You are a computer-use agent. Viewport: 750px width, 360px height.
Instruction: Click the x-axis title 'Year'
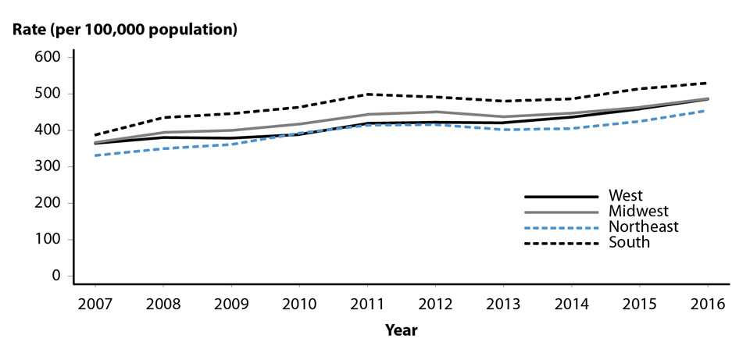click(401, 330)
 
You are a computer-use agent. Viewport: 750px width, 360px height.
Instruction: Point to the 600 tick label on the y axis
click(48, 57)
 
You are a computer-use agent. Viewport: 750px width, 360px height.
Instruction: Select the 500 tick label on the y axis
click(48, 94)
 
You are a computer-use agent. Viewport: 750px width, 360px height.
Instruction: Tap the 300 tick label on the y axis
click(48, 166)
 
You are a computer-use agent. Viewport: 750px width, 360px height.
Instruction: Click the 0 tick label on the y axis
click(55, 276)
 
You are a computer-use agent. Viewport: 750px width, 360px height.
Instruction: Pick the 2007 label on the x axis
click(93, 303)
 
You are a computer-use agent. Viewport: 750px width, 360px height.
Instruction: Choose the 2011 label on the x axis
click(366, 303)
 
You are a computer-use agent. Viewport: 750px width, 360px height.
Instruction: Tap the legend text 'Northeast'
click(642, 227)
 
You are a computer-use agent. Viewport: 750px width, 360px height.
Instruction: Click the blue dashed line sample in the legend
click(559, 227)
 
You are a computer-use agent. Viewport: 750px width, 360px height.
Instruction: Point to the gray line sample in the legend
click(559, 212)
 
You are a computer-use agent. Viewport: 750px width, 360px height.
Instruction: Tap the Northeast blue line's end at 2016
click(706, 111)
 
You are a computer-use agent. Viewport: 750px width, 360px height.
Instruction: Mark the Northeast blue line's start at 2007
click(93, 155)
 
